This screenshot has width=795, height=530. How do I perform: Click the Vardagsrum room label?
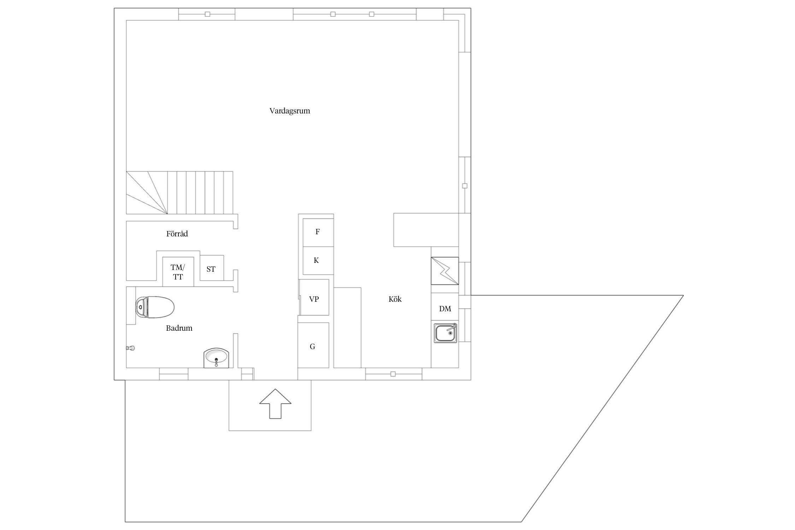click(290, 111)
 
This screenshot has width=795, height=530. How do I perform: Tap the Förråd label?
click(177, 234)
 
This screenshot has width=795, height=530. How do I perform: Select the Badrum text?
click(179, 328)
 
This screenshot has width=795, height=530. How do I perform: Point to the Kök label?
click(395, 299)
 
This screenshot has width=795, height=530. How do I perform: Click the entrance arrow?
click(275, 404)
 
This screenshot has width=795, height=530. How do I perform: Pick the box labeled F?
click(318, 232)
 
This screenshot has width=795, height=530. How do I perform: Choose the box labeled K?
click(318, 261)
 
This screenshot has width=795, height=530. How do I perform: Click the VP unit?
click(314, 297)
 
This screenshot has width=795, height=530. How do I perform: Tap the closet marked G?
click(313, 345)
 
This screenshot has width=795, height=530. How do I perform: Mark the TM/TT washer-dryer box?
click(178, 272)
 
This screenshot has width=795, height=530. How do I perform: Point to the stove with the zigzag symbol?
click(445, 271)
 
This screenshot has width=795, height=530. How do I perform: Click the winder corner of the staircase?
click(147, 193)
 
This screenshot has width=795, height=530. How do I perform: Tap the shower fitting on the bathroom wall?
click(130, 348)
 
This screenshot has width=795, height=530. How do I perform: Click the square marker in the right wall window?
click(465, 186)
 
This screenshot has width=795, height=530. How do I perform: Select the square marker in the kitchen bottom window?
click(393, 374)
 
